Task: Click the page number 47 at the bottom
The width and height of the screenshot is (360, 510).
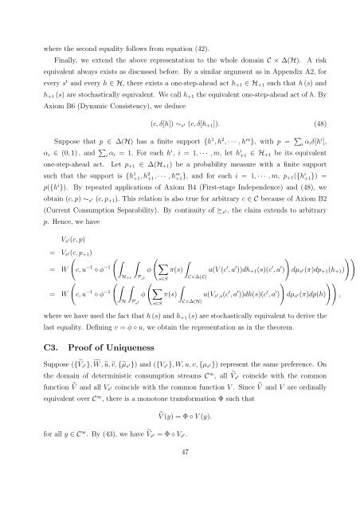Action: click(x=180, y=495)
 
